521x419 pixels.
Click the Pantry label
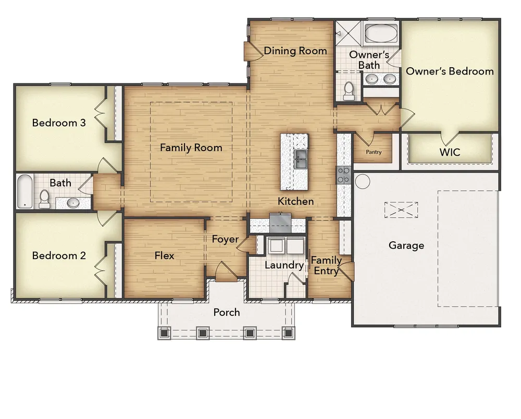(374, 152)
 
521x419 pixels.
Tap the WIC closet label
(450, 152)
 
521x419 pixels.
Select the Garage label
(406, 245)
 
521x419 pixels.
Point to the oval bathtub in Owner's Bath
(381, 33)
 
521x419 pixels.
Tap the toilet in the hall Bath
(44, 199)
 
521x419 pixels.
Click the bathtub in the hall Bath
(25, 191)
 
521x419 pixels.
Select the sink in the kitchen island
(301, 159)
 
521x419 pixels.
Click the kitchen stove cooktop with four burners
(344, 175)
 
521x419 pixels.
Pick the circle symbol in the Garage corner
(363, 181)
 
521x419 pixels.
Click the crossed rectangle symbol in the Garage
(401, 210)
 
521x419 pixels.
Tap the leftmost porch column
(164, 332)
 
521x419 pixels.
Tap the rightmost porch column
(289, 332)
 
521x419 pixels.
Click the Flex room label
(164, 255)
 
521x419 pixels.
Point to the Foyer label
(225, 239)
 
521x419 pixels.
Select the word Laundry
(284, 265)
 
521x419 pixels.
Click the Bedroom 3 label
(59, 123)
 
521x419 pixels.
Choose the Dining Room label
(295, 51)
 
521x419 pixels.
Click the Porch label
(227, 312)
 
